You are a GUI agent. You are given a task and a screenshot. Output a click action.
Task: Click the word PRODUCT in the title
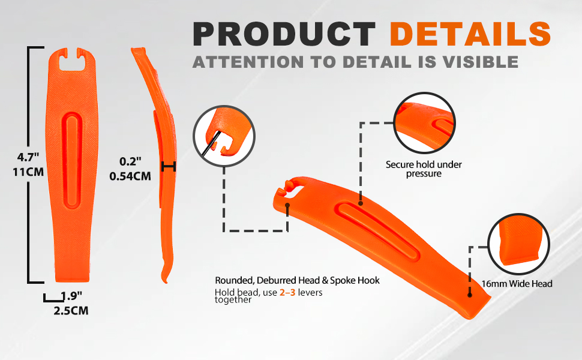click(x=284, y=34)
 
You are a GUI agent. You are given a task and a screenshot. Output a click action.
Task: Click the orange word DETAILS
click(x=470, y=34)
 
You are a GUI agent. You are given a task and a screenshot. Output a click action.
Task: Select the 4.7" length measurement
click(x=28, y=157)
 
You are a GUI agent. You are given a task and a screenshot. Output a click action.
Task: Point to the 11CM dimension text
click(x=28, y=172)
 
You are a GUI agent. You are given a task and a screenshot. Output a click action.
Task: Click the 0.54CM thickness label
click(x=130, y=176)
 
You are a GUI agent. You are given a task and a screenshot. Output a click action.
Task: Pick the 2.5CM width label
click(x=71, y=311)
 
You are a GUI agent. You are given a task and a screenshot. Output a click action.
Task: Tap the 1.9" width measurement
click(x=71, y=296)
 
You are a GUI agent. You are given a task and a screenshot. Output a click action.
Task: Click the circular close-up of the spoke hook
click(x=224, y=136)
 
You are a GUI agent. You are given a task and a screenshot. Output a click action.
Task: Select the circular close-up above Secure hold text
click(x=424, y=123)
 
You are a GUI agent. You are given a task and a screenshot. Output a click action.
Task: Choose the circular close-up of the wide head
click(x=518, y=244)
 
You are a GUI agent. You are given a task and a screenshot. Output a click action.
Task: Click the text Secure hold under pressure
click(x=424, y=169)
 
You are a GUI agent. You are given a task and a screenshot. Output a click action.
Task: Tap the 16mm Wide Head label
click(x=517, y=284)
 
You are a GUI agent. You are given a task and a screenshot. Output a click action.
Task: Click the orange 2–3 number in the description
click(x=287, y=292)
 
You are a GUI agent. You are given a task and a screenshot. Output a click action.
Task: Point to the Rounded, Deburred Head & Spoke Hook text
click(x=298, y=280)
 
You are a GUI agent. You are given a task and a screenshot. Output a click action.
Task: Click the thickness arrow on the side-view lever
click(x=169, y=167)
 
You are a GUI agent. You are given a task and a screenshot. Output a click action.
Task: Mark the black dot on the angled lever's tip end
click(x=470, y=295)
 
